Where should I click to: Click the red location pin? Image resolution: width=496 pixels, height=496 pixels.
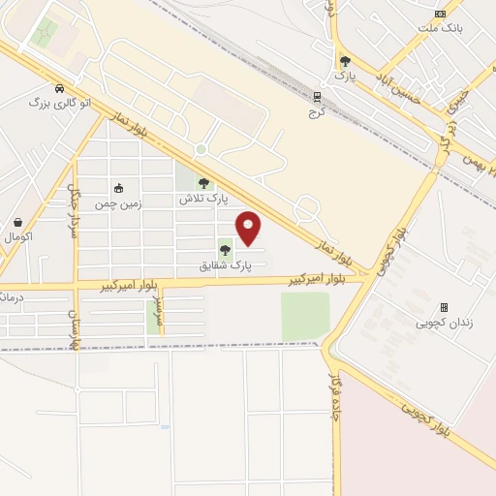[x=249, y=228]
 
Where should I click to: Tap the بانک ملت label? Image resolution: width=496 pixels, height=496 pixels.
[x=442, y=28]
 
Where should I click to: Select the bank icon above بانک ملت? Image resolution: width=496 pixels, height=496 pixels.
[x=442, y=14]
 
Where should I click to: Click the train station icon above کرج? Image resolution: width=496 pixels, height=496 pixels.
[x=317, y=95]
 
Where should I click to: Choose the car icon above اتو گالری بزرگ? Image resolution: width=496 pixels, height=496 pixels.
[x=60, y=86]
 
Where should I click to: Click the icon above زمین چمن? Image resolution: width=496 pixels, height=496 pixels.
[x=118, y=188]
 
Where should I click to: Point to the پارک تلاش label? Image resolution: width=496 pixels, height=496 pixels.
[x=202, y=198]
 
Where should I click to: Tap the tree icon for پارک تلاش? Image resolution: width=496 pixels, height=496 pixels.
[x=202, y=183]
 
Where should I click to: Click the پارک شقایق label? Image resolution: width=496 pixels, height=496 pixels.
[x=226, y=264]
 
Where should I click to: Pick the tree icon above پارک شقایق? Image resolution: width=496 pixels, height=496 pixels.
[x=225, y=250]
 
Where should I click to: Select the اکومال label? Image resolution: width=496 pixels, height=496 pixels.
[x=19, y=236]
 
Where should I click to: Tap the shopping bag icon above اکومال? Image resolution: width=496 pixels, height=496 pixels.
[x=19, y=222]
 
